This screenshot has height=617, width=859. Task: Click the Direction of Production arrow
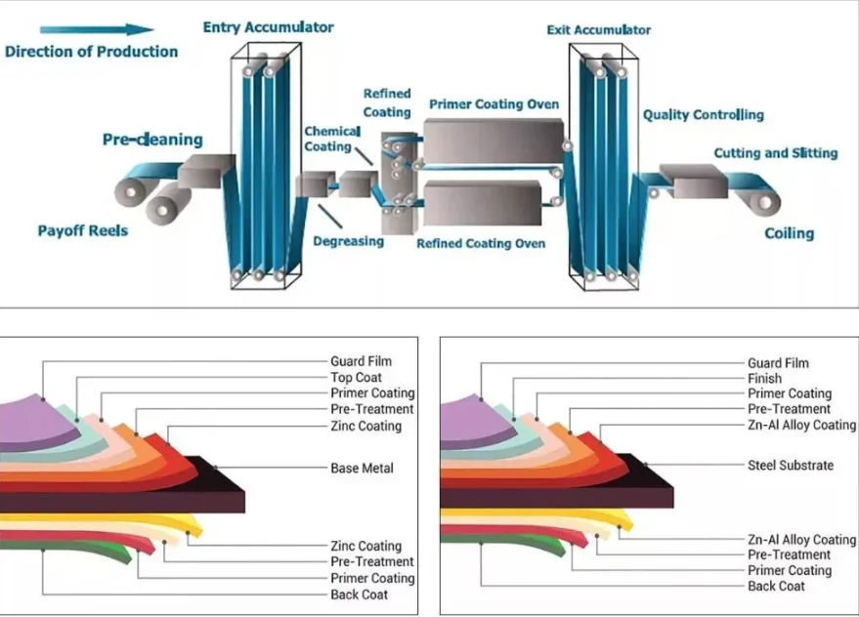(x=97, y=29)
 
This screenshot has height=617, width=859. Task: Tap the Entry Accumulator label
(x=268, y=27)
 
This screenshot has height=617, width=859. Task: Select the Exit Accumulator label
(x=598, y=30)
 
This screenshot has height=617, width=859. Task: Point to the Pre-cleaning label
(x=152, y=140)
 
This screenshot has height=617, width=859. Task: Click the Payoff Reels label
(x=83, y=230)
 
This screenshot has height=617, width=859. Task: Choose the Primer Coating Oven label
(x=494, y=104)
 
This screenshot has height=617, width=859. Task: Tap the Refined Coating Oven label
(x=481, y=244)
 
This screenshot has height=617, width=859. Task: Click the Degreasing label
(x=349, y=241)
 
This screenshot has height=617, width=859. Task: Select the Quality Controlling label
(x=703, y=115)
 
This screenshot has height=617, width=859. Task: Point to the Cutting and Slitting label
(x=776, y=153)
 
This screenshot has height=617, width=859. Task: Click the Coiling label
(x=789, y=233)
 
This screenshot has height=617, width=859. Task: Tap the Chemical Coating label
(x=332, y=139)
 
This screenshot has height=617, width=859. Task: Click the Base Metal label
(x=362, y=468)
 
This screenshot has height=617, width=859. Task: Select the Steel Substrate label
(x=791, y=466)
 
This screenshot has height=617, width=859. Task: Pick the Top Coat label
(x=356, y=377)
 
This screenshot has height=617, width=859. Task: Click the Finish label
(x=765, y=378)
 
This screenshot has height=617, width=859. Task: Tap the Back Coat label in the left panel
(x=359, y=595)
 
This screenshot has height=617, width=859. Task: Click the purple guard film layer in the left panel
(x=33, y=422)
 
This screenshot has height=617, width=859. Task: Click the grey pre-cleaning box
(x=205, y=171)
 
